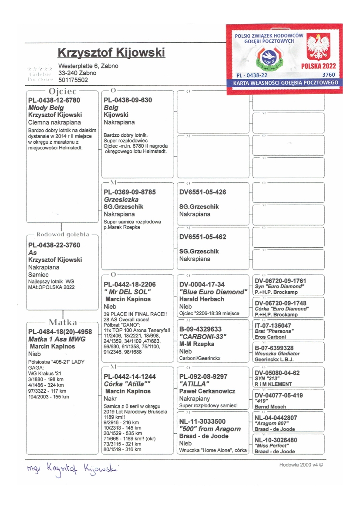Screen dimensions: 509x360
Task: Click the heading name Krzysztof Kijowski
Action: coord(111,53)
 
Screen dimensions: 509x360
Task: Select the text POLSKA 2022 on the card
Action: coord(318,67)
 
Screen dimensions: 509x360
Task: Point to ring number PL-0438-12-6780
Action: coord(54,100)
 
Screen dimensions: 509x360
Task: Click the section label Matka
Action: coord(63,323)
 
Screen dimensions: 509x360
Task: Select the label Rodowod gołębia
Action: coord(63,234)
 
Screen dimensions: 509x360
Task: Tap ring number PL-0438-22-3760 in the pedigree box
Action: coord(54,245)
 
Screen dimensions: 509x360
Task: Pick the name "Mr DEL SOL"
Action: coord(127,292)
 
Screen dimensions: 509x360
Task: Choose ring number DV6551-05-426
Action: coord(203,192)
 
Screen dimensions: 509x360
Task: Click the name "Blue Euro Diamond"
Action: coord(213,292)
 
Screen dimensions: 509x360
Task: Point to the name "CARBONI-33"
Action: coord(199,337)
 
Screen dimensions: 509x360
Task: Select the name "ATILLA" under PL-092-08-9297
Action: coord(195,384)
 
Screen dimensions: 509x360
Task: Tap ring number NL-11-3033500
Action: coord(202,421)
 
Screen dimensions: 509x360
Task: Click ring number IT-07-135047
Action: coord(273,326)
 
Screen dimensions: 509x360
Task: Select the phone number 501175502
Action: coord(73,80)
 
